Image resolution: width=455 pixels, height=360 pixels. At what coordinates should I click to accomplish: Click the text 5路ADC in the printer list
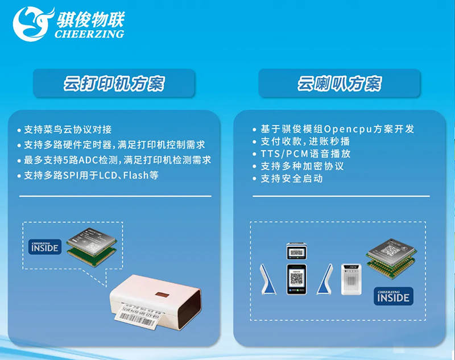click(81, 160)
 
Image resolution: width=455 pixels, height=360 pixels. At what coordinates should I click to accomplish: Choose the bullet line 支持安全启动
click(291, 179)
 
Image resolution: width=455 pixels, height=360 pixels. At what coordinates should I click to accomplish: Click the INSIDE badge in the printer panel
click(44, 247)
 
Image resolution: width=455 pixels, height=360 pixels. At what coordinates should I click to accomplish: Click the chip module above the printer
click(90, 243)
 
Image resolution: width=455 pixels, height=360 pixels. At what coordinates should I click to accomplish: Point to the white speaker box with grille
click(351, 279)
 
